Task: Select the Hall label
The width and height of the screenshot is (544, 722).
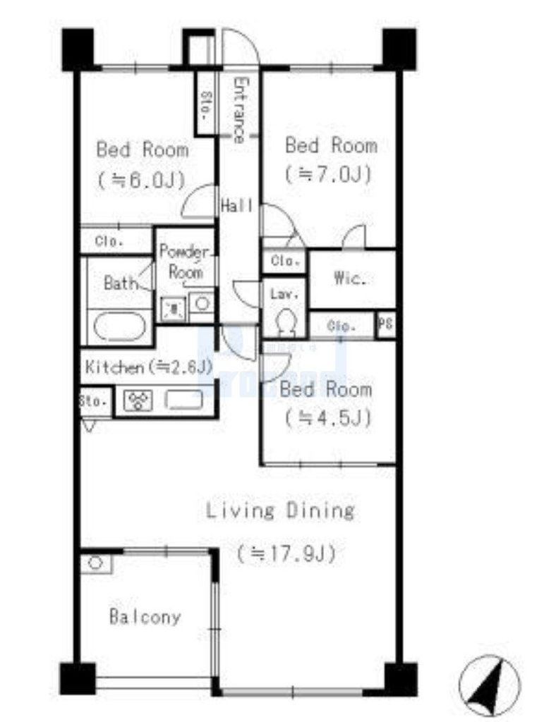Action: coord(236,207)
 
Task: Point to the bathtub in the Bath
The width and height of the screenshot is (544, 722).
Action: coord(119,326)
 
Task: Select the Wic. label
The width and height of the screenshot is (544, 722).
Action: coord(349,279)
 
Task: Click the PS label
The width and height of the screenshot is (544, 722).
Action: coord(385,325)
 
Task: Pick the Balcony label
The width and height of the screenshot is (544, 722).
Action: coord(145,618)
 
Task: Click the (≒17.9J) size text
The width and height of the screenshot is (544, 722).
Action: coord(285,553)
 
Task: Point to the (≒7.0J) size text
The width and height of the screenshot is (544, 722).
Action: coord(328,173)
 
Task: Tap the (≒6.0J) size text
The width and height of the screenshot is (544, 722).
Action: coord(142,180)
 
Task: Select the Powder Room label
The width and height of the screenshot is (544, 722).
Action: coord(184,262)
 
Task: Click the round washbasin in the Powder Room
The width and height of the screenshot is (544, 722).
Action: coord(202,305)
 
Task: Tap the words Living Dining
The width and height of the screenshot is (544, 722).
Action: coord(280,510)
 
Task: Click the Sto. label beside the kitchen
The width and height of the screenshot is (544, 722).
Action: coord(94,401)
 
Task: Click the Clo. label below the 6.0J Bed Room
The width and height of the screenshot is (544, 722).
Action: coord(110,241)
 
